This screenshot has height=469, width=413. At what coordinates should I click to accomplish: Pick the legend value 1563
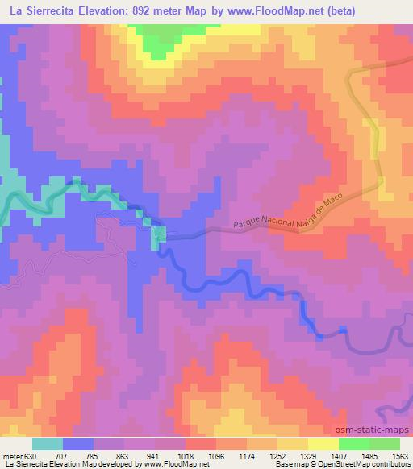pyautogui.click(x=400, y=454)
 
